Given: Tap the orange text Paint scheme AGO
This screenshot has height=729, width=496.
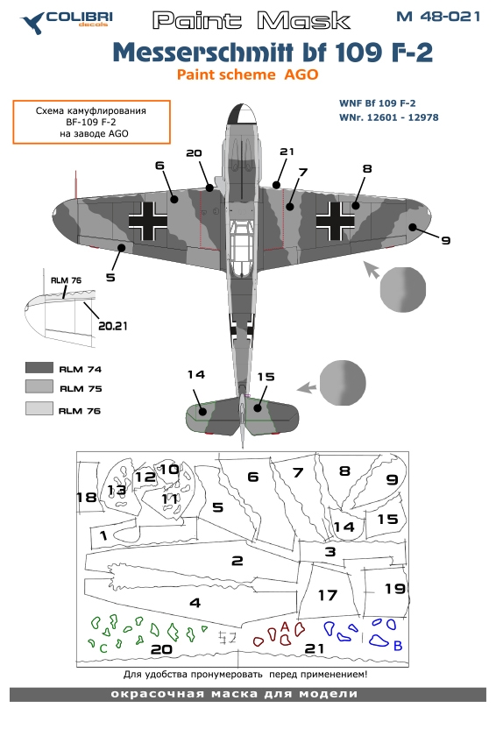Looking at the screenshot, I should [x=248, y=75].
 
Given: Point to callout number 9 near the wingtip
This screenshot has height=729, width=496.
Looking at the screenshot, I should [x=446, y=240].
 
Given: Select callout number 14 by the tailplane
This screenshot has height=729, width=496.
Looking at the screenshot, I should [x=195, y=375].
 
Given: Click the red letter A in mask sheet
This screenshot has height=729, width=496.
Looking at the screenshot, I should [x=285, y=626].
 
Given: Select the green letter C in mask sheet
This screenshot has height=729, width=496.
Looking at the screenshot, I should [x=103, y=648].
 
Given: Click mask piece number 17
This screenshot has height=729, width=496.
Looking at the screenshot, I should [x=327, y=595].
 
